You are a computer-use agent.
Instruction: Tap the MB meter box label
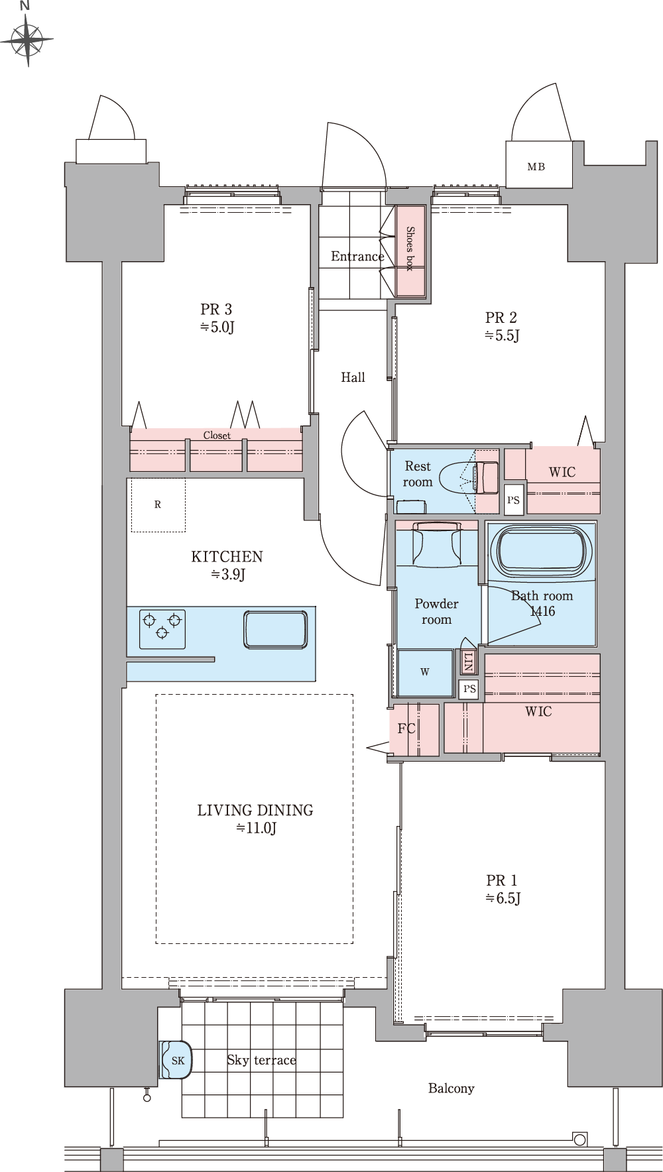[x=536, y=167]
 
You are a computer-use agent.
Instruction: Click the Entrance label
[x=357, y=257]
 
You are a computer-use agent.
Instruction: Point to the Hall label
[x=353, y=377]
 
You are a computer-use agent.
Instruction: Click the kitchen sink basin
[x=275, y=629]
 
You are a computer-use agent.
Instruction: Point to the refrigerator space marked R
[x=158, y=504]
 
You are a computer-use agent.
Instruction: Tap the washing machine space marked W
[x=425, y=672]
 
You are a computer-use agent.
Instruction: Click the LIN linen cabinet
[x=468, y=662]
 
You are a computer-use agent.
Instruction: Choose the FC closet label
[x=406, y=729]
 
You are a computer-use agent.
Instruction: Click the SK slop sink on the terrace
[x=177, y=1060]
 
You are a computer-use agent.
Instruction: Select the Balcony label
[x=451, y=1088]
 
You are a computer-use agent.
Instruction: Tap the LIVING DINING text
[x=255, y=810]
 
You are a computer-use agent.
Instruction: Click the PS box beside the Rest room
[x=514, y=500]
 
